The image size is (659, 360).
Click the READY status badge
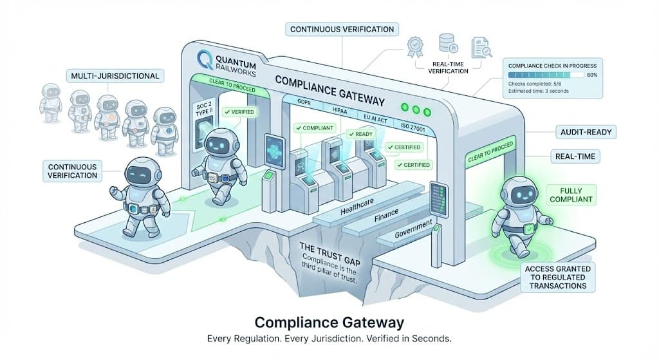coord(359,134)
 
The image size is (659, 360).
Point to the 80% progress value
coord(591,74)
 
